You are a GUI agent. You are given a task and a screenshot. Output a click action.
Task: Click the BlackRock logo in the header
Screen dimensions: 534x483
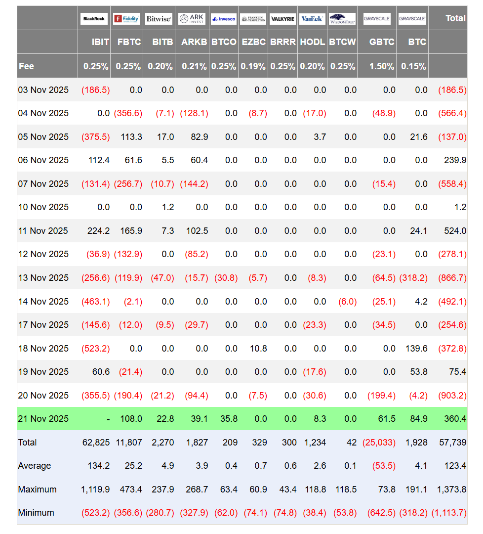94,19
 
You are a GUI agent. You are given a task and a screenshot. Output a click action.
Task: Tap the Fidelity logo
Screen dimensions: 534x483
126,19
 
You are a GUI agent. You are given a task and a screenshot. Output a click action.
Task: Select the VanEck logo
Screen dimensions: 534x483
312,19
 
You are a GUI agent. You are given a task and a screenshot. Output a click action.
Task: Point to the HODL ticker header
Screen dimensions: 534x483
312,42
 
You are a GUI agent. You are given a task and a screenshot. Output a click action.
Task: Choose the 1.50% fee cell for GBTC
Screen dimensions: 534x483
382,66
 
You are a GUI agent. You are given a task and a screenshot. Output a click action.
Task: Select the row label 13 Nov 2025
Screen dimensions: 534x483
43,278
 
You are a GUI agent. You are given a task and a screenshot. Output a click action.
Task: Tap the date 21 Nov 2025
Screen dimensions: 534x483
43,419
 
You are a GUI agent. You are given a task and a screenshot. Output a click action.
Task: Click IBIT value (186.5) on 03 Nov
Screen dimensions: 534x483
96,90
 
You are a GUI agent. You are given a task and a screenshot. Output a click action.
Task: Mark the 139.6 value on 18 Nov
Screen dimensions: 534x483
417,349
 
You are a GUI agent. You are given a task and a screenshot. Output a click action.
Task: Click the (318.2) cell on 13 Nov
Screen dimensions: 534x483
413,278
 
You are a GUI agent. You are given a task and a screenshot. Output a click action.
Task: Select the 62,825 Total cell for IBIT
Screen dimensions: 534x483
96,443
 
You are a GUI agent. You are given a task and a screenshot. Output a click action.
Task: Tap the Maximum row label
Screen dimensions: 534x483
38,489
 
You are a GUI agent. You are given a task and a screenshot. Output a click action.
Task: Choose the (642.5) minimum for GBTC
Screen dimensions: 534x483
381,513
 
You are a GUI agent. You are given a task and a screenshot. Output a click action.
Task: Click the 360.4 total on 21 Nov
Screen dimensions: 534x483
454,419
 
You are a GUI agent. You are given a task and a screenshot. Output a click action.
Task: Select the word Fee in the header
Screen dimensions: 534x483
27,66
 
